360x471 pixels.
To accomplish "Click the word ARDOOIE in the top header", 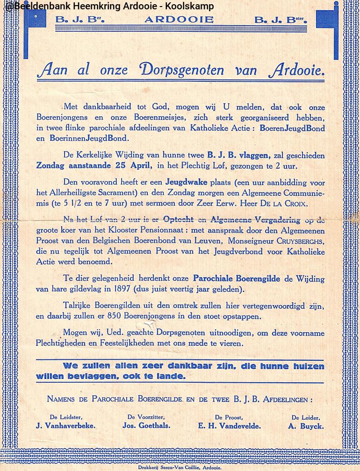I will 179,20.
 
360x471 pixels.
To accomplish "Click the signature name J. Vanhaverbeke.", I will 66,426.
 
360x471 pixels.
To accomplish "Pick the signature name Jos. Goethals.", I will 146,426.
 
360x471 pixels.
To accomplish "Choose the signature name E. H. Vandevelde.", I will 229,426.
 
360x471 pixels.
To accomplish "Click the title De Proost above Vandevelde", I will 228,417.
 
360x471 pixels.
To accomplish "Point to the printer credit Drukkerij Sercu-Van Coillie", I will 180,467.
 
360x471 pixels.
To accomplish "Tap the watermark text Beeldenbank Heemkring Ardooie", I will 108,6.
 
